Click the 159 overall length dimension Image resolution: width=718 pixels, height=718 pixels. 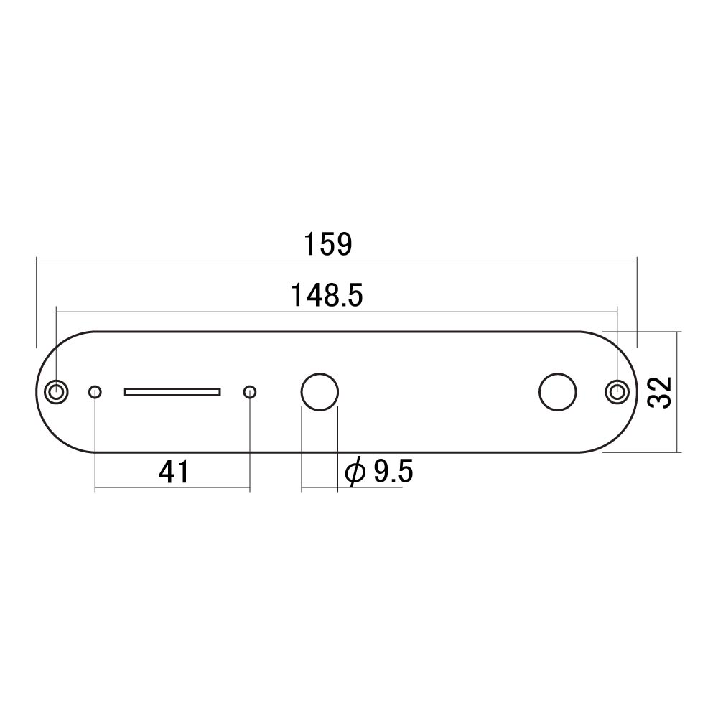pos(328,244)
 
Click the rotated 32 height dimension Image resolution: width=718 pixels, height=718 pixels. pos(659,392)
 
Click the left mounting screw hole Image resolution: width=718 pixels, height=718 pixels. pos(56,392)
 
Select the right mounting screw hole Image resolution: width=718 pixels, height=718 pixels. pos(617,392)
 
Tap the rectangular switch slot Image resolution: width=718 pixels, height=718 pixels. pos(172,392)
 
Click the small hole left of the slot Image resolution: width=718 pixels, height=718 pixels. pos(95,392)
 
